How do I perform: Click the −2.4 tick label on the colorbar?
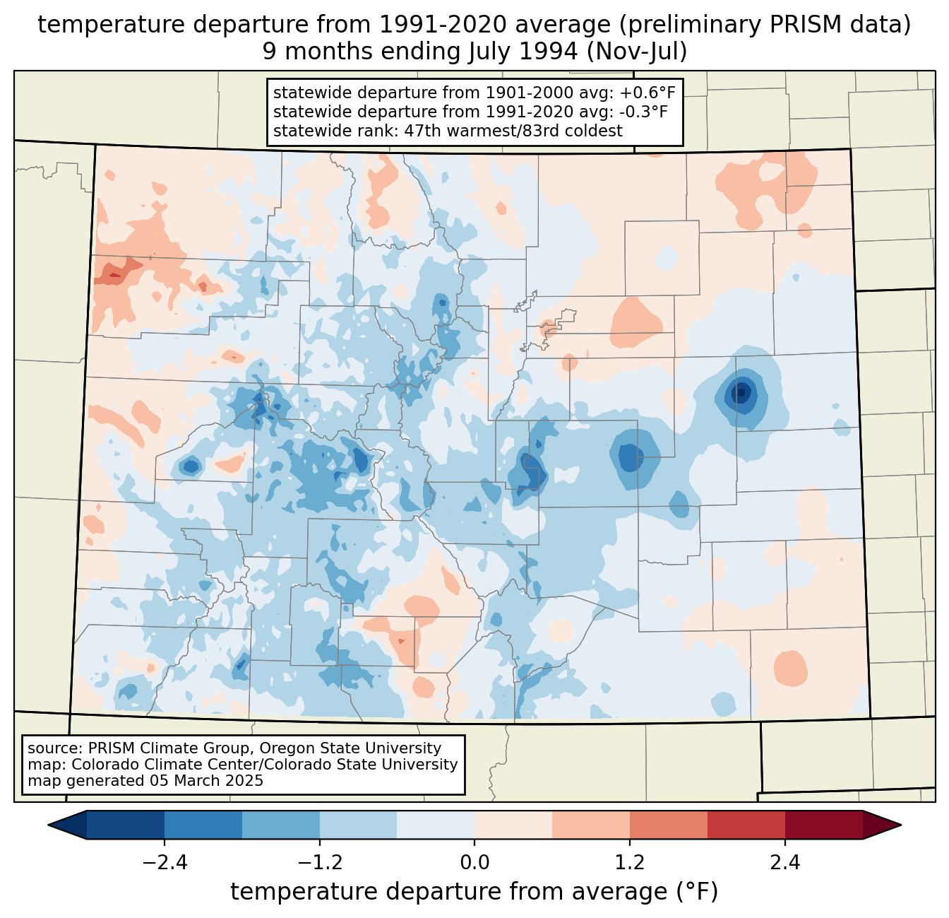coord(164,863)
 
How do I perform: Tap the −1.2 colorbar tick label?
coord(319,863)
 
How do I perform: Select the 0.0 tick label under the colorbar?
coord(474,863)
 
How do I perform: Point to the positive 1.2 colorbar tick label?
coord(630,863)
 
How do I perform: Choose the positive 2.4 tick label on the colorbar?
coord(785,863)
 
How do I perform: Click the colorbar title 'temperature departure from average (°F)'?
coord(474,892)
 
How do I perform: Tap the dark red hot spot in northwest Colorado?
coord(114,274)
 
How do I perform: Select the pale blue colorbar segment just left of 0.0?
coord(436,825)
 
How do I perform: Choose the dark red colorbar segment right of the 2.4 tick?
coord(823,825)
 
